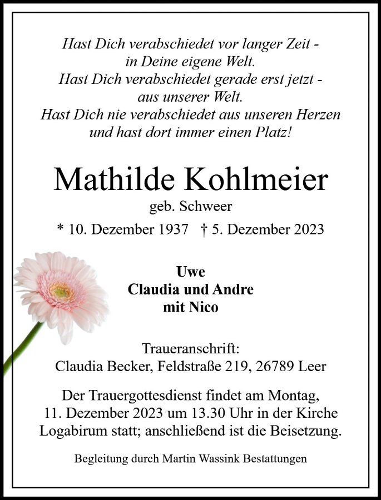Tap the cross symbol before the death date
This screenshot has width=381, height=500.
coord(206,229)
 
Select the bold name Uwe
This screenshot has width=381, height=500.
coord(190,272)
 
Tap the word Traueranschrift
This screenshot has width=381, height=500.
coord(190,349)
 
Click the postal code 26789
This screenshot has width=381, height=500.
coord(282,367)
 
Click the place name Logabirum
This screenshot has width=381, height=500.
coord(75,432)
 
